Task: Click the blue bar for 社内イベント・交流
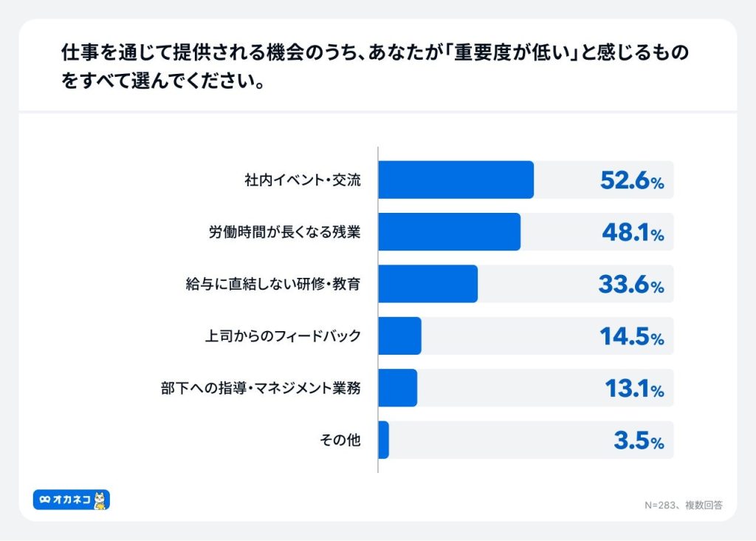tap(456, 180)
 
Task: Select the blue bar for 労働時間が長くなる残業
tap(449, 231)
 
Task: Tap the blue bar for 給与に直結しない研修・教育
tap(427, 284)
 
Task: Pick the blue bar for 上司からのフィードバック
tap(399, 336)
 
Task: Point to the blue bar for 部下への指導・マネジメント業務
tap(397, 388)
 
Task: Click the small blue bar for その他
tap(383, 440)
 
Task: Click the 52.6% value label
tap(631, 180)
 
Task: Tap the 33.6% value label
tap(631, 285)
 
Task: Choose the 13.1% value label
tap(634, 389)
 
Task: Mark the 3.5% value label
tap(639, 440)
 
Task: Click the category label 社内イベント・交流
tap(303, 180)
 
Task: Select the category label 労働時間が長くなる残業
tap(283, 231)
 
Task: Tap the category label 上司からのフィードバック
tap(283, 336)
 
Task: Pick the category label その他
tap(340, 440)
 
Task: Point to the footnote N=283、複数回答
tap(683, 506)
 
